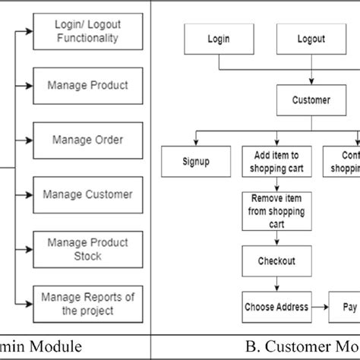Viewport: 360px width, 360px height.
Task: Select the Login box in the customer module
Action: point(219,39)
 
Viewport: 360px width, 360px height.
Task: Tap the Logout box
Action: point(311,39)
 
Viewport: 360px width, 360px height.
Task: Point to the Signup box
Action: point(196,161)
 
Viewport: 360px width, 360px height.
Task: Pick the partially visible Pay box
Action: point(346,306)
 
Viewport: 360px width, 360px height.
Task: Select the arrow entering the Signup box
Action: point(196,138)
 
